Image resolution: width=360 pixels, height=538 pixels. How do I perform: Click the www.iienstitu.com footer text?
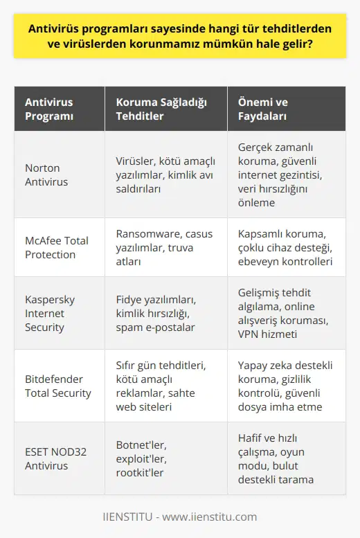coord(180,517)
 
